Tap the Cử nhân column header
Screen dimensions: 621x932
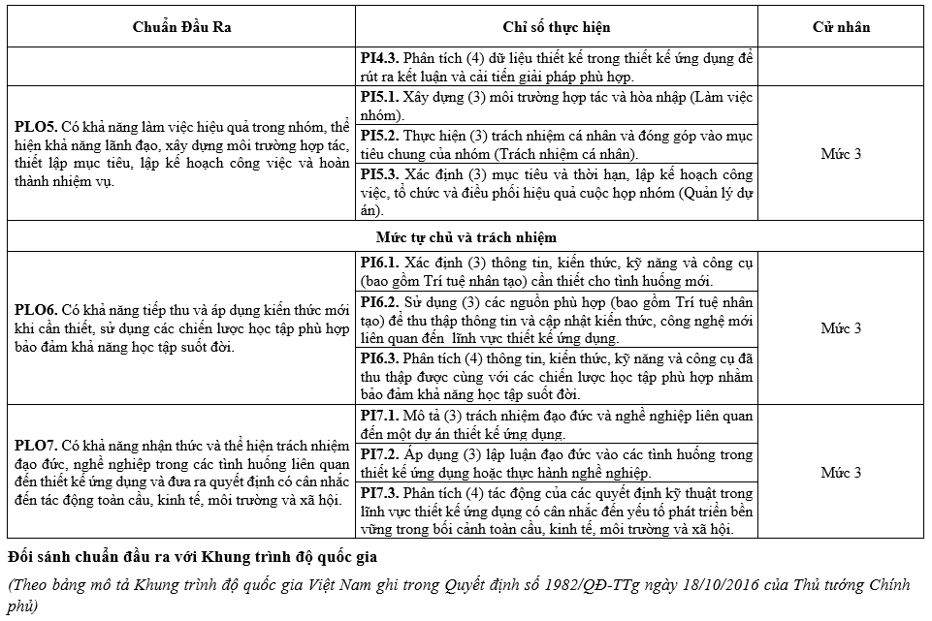(x=841, y=26)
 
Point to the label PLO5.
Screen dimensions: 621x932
(x=35, y=127)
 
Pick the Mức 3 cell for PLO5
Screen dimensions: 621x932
(x=841, y=153)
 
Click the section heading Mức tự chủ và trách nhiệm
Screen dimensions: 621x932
(x=466, y=236)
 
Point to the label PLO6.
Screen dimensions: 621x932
(x=35, y=311)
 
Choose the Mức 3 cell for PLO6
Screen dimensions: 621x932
(x=841, y=328)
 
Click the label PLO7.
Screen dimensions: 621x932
(x=35, y=446)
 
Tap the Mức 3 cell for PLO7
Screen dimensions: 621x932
(x=841, y=473)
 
